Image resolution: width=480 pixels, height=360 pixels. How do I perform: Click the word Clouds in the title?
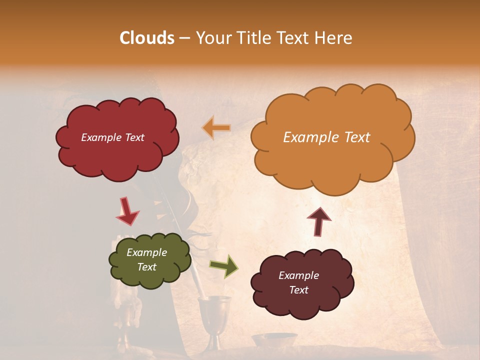pos(147,38)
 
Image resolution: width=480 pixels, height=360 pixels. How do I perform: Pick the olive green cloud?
pos(150,275)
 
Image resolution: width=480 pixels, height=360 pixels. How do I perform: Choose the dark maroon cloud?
pos(302,300)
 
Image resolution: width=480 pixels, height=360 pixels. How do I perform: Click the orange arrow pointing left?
pos(216,128)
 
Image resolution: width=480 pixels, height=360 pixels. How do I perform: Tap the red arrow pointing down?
pos(127,211)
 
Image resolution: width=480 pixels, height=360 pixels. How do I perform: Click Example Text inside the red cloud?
pos(112,137)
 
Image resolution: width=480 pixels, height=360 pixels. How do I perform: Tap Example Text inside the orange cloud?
pos(326,137)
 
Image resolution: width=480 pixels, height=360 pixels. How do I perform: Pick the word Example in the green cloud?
pos(146,252)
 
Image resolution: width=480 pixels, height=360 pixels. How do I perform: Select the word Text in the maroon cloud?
pos(298,290)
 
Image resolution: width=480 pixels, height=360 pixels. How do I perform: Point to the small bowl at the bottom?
pos(273,340)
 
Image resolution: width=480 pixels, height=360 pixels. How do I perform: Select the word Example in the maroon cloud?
pos(298,275)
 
